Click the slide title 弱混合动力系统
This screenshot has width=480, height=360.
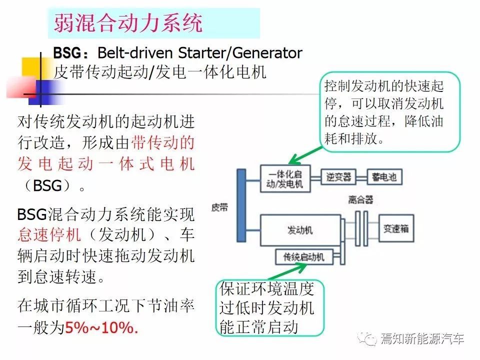[x=128, y=23]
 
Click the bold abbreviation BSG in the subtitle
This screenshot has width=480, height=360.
[x=67, y=53]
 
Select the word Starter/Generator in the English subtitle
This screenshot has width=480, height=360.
[x=240, y=53]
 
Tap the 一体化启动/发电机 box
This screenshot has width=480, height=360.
[x=285, y=179]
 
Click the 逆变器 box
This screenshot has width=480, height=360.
[x=338, y=177]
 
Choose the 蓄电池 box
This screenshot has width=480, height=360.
[x=384, y=177]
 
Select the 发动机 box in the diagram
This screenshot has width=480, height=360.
[x=300, y=230]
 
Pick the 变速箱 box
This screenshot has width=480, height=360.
[x=396, y=228]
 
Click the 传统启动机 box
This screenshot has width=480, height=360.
[x=303, y=257]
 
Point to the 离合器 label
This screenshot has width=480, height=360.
[x=360, y=200]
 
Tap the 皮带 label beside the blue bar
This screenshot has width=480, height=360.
[x=219, y=207]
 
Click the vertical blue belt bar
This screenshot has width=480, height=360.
[x=241, y=205]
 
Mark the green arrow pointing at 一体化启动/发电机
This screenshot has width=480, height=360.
[x=305, y=155]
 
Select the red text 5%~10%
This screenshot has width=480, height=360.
[x=101, y=328]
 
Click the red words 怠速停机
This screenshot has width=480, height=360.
[x=49, y=235]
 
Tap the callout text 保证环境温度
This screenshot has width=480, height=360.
[x=266, y=288]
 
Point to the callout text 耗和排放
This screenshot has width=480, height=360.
[x=354, y=138]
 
